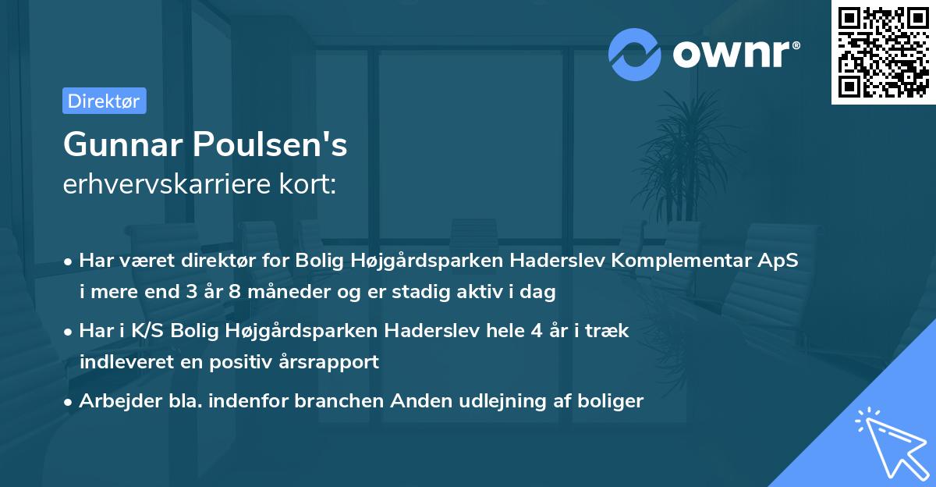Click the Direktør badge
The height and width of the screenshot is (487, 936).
pos(104,101)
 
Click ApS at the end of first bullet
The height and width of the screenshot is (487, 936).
pos(779,261)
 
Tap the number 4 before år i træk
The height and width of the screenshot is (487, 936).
pos(536,331)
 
